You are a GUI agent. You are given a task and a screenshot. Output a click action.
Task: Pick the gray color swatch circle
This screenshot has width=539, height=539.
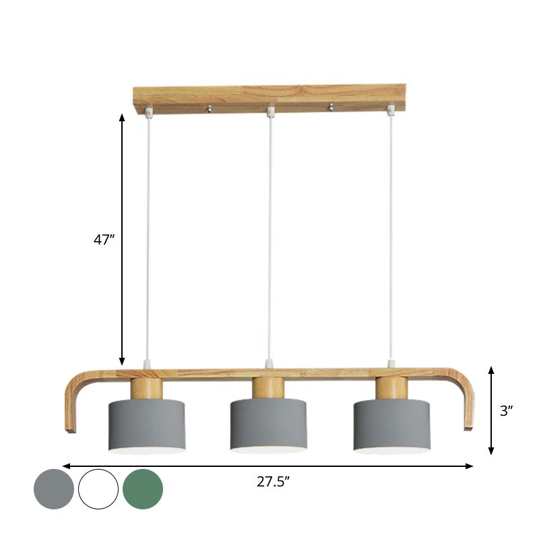[54, 489]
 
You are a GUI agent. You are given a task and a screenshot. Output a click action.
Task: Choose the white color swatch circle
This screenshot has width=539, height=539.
[98, 489]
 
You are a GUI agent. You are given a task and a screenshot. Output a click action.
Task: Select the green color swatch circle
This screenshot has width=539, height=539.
[143, 489]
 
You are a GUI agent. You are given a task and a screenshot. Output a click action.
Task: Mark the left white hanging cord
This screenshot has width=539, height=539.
[148, 236]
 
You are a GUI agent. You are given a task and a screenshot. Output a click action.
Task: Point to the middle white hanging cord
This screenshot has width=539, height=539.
[269, 236]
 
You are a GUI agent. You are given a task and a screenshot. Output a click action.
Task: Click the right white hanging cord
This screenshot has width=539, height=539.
[390, 236]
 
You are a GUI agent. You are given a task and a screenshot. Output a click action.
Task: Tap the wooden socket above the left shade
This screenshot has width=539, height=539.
[147, 388]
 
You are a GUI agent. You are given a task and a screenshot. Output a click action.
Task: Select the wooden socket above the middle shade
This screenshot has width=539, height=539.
[268, 388]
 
